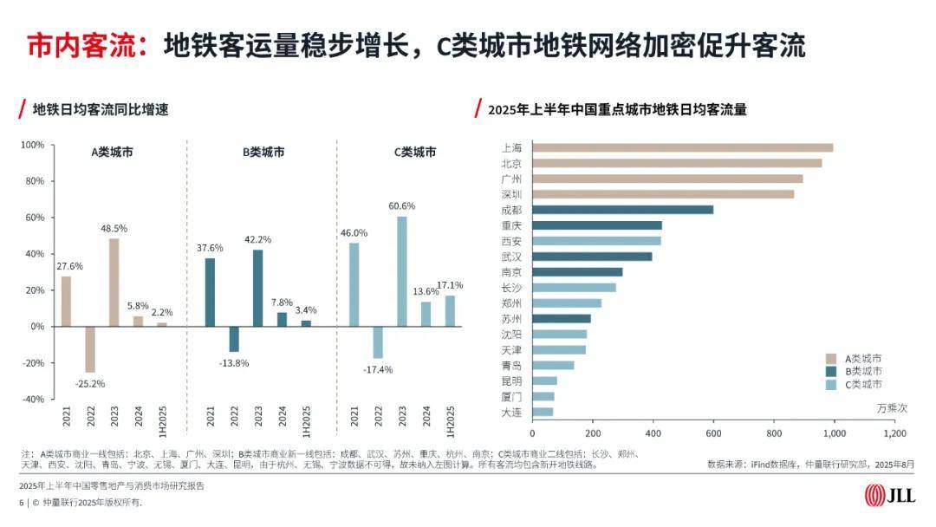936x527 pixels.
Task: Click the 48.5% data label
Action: tap(114, 228)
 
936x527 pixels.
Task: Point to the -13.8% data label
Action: tap(232, 362)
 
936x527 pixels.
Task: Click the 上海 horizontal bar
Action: tap(682, 147)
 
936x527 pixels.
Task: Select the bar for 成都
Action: tap(622, 210)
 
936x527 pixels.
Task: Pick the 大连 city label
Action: tap(511, 412)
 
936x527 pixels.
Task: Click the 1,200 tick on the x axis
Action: tap(894, 433)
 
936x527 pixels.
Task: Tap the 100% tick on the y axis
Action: tap(32, 145)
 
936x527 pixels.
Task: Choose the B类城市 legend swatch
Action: tap(830, 370)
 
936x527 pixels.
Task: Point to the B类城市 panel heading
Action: tap(263, 153)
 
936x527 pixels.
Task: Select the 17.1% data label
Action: tap(450, 285)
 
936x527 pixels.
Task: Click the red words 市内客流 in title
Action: tap(82, 44)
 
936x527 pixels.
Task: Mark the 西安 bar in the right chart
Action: tap(596, 241)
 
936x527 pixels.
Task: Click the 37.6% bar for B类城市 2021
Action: tap(210, 292)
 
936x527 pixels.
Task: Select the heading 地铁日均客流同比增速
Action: tap(100, 110)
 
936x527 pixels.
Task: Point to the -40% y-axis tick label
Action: tap(32, 399)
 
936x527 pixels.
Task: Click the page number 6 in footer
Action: tap(21, 503)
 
